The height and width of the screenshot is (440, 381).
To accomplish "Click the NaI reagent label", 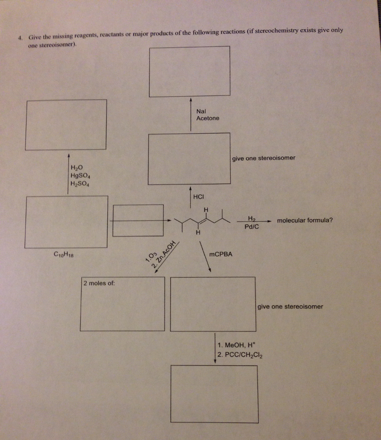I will point(201,111).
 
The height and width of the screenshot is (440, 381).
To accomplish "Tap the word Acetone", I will point(207,118).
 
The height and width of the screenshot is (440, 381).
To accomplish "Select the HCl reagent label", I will point(198,197).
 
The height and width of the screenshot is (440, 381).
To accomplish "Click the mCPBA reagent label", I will point(220,254).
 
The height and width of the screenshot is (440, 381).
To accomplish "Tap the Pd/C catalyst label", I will point(251,227).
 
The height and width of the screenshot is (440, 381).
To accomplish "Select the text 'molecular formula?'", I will point(305,220).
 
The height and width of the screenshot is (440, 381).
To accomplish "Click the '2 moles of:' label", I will point(99,284).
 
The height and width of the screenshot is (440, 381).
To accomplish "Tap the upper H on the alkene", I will point(206,209).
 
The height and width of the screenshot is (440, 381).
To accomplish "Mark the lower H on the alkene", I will point(198,233).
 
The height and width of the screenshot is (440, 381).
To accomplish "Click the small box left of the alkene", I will point(138,220).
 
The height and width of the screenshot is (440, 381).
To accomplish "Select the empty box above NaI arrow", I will point(189,71).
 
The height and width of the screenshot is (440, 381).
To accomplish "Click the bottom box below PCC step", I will point(214,388).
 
